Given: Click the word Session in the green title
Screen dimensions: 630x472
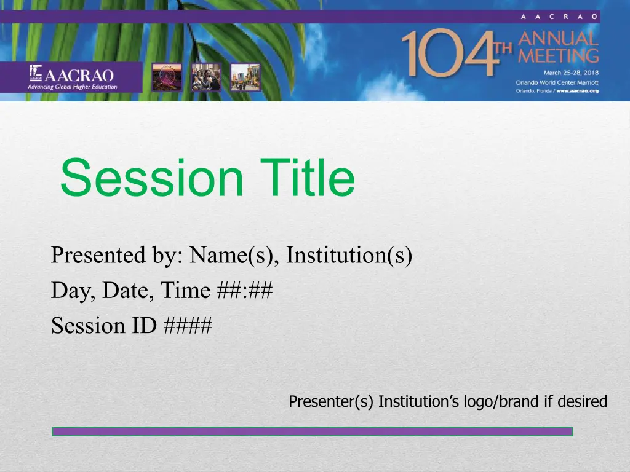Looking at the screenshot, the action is [x=152, y=178].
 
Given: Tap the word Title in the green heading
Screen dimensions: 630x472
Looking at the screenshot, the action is [x=308, y=177].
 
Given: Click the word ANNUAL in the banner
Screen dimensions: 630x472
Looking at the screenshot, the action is [x=558, y=39].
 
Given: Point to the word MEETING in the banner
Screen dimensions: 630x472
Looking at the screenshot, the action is [x=558, y=56].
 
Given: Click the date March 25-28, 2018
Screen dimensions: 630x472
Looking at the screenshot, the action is [x=571, y=73].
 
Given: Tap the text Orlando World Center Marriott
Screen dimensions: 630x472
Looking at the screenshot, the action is [x=557, y=82].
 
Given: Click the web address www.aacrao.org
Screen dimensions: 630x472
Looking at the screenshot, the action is [x=577, y=91].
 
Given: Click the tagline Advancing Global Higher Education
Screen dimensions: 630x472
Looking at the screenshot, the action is [x=73, y=87].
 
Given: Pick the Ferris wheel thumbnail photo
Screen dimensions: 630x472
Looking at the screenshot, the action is [x=167, y=77].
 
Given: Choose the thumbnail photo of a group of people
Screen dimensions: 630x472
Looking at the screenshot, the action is [x=206, y=77].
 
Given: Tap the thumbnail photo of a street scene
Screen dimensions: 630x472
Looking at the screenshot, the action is [x=245, y=77].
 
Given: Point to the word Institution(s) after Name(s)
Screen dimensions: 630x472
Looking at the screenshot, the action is [x=349, y=255].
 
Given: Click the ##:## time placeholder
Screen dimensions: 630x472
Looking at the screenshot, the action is [x=245, y=290].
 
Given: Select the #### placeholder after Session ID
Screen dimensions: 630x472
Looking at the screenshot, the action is [x=188, y=325].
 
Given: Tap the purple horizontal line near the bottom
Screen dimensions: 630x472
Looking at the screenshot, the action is [x=312, y=431].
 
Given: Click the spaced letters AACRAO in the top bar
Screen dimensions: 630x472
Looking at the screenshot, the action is [x=559, y=17].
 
